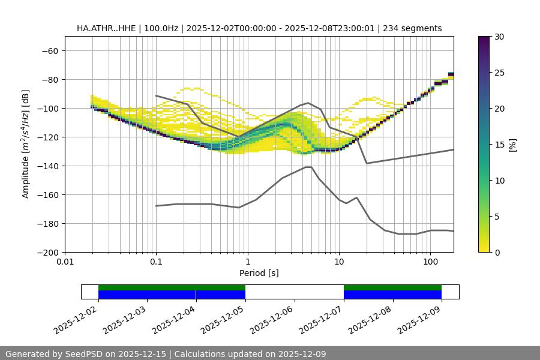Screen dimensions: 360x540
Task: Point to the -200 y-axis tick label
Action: coord(48,253)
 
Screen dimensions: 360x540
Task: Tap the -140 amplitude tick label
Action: coord(48,166)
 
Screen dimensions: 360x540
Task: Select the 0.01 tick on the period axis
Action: coord(65,262)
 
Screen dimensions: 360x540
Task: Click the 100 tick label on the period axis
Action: coord(430,262)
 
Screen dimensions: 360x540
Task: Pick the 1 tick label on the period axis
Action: coord(247,262)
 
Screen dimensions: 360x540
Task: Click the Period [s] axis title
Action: coord(259,273)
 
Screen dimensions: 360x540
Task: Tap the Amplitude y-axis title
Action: coord(26,144)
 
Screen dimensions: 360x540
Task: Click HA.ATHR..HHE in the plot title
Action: coord(105,28)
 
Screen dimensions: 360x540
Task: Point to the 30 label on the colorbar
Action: coord(499,37)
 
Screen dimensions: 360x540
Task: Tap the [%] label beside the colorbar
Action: coord(512,145)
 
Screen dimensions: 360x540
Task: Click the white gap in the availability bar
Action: coord(294,292)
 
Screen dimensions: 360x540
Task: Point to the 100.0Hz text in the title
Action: coord(163,28)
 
